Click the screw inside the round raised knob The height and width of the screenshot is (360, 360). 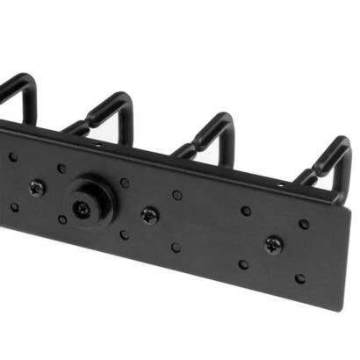pos(82,209)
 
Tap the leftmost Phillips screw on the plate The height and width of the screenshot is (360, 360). pos(37,186)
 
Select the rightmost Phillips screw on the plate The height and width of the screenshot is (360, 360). pos(274,243)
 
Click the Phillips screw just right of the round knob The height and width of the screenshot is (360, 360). pos(149,214)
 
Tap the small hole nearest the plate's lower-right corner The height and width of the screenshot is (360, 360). pos(300,278)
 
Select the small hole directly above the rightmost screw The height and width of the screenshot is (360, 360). pos(246,211)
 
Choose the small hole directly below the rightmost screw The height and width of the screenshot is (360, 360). pos(243,264)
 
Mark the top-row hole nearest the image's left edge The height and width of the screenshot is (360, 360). pos(12,157)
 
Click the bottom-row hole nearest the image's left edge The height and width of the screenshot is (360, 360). pos(13,207)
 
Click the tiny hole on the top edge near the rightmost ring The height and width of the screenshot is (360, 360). pos(280,185)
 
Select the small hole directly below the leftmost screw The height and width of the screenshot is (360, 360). pos(61,220)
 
